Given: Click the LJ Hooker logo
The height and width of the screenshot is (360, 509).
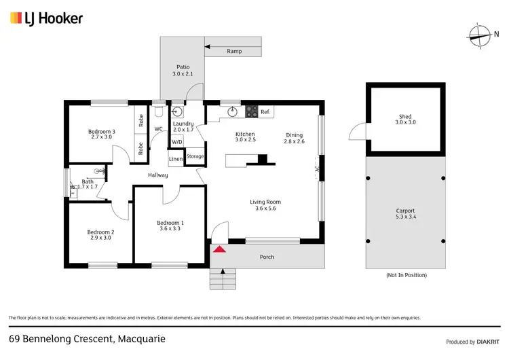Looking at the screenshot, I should [46, 18].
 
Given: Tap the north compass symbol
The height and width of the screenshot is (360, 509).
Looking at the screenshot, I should [480, 33].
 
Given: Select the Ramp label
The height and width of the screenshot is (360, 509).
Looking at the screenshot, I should [234, 52].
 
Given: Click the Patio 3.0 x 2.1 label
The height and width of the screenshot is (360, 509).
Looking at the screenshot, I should [183, 70].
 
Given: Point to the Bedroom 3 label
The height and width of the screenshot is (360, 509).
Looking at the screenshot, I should [101, 134].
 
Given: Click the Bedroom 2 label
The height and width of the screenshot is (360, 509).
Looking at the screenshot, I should [100, 235].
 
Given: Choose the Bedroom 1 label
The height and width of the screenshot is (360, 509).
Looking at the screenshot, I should [170, 226].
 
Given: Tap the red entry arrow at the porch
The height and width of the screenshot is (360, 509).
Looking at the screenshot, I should [220, 249].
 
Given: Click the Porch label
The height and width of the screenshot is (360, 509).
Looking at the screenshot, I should [267, 257].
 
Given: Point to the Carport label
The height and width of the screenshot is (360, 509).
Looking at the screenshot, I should [405, 214].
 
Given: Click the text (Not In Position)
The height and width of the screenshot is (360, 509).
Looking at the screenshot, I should [406, 275].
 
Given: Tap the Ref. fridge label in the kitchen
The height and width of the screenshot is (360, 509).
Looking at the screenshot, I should [265, 111].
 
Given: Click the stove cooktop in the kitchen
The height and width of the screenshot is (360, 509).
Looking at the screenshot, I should [251, 111].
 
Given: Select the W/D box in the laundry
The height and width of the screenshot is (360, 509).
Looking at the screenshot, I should [176, 142].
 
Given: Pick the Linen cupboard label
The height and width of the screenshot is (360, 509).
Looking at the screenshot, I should [176, 159].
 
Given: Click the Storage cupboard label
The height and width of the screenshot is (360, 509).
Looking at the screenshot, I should [195, 156].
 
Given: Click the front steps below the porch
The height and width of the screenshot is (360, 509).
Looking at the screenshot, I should [221, 278].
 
